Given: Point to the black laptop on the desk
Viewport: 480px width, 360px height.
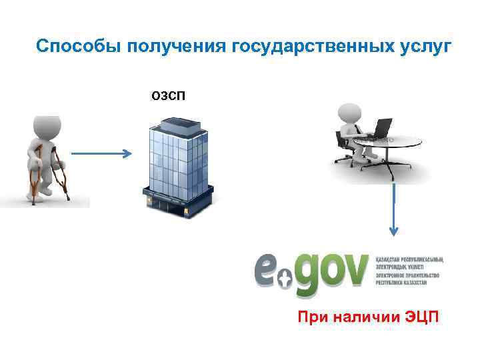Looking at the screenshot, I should (x=381, y=129).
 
